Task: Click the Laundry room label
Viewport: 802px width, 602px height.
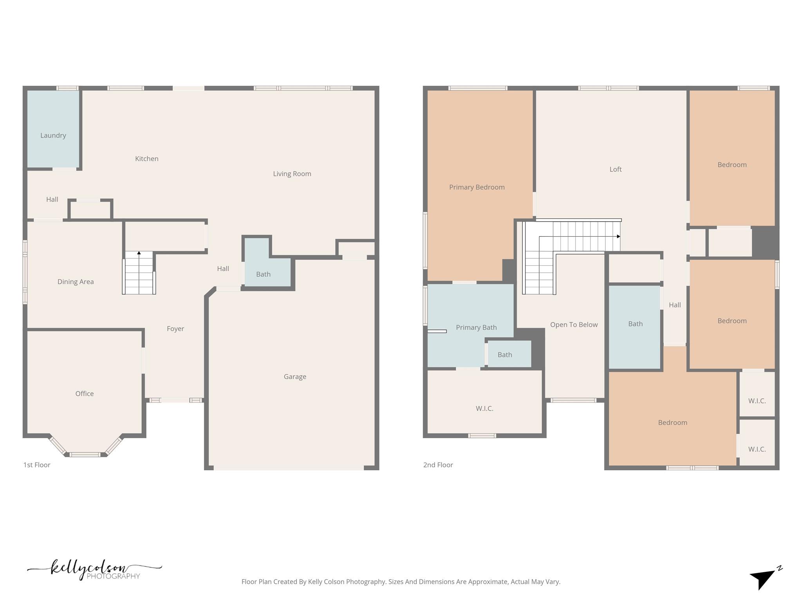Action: point(53,136)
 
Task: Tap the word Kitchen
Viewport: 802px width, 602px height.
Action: point(147,159)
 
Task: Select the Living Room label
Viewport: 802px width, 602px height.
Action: point(292,174)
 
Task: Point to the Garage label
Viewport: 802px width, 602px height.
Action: point(295,377)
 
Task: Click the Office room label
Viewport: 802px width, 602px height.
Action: point(85,393)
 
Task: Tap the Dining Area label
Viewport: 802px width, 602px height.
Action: point(76,282)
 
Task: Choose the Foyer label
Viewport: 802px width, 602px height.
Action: point(175,329)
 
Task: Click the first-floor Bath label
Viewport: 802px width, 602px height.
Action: point(263,274)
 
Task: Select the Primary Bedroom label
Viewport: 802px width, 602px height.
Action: point(477,187)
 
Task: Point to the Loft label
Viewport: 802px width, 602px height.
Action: point(616,169)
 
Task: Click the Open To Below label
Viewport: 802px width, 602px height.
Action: point(574,325)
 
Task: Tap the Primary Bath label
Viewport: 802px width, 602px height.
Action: point(476,328)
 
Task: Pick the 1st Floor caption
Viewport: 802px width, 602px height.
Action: point(37,465)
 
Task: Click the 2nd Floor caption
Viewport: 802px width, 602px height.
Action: point(438,465)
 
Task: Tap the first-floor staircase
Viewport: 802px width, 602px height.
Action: point(139,273)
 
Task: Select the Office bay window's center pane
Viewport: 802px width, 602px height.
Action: point(85,455)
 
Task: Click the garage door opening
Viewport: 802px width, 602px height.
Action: point(289,468)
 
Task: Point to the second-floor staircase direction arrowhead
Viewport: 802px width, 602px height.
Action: point(619,236)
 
